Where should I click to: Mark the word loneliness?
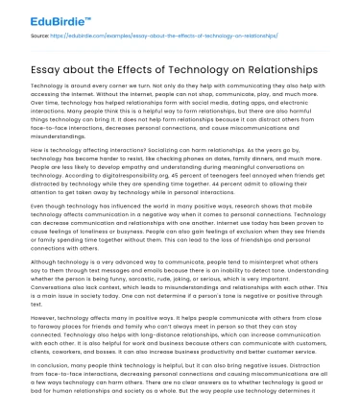(x=84, y=232)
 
